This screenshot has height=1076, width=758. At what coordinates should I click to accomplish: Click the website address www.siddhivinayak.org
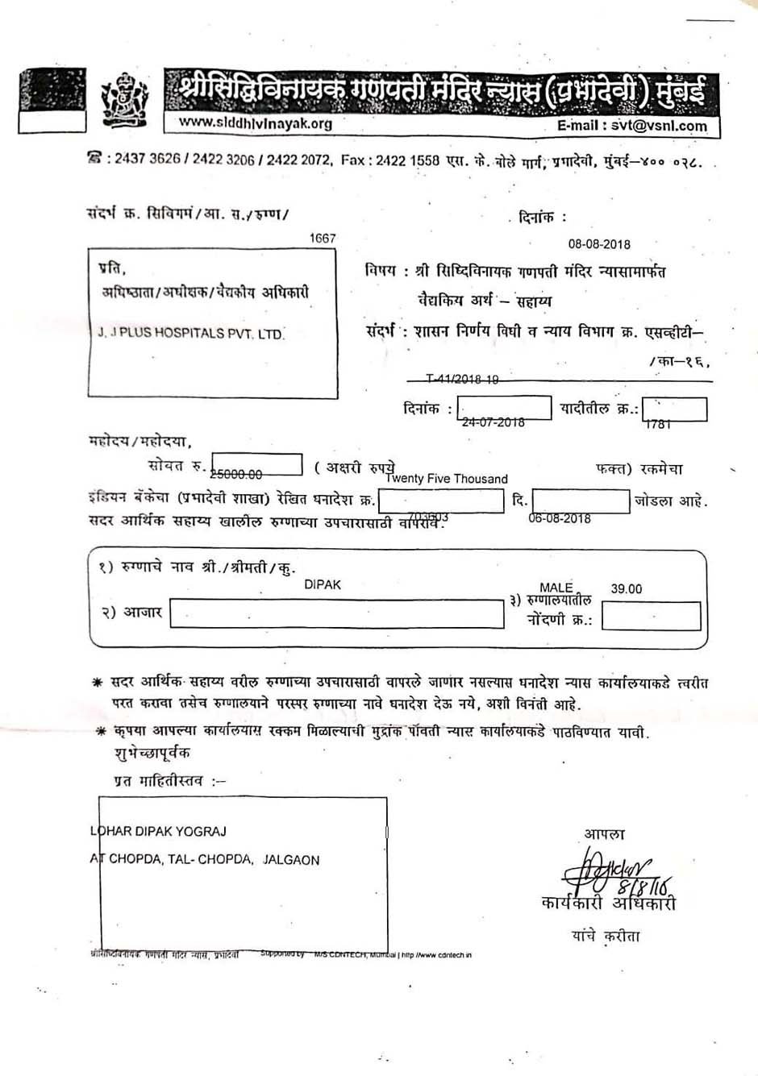255,123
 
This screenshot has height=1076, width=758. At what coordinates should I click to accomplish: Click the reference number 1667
323,238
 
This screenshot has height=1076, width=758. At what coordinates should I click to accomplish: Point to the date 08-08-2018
599,244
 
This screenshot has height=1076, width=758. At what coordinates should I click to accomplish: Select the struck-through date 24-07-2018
493,422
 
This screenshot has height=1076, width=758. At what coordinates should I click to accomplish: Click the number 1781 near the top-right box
658,424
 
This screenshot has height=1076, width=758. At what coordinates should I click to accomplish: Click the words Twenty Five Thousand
447,479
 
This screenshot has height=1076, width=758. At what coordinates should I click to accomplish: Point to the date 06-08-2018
560,518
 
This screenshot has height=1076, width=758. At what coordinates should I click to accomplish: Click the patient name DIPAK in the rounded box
323,584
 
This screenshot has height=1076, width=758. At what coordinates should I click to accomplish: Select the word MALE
556,588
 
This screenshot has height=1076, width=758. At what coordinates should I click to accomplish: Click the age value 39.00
627,589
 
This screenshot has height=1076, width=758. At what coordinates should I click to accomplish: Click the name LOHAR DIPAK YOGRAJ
158,831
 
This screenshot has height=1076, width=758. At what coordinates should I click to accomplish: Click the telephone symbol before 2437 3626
95,159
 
